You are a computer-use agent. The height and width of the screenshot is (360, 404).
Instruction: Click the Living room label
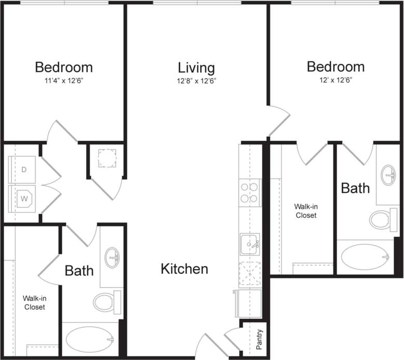coord(196,68)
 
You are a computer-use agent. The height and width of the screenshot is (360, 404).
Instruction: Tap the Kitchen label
coord(184,269)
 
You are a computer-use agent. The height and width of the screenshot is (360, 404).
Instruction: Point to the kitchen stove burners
coord(250,193)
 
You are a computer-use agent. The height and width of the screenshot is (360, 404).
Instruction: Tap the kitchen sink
coord(249,244)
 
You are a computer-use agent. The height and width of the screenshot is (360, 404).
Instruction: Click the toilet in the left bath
coord(106,302)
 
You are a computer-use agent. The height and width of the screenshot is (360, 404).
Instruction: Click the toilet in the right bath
coord(382,220)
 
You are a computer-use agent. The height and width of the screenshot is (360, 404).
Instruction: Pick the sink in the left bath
coord(112,257)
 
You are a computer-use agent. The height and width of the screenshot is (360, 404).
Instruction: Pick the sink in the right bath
coord(388,175)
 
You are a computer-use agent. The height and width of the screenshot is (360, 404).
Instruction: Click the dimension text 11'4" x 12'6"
coord(64,81)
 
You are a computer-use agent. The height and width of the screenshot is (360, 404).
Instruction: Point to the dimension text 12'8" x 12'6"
coord(196,81)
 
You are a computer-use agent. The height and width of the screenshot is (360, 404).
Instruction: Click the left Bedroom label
coord(64,67)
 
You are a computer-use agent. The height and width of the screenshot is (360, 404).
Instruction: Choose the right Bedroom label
coord(335,66)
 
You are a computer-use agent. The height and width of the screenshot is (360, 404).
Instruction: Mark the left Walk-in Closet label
coord(34,302)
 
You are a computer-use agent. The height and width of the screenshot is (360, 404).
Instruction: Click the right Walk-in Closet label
coord(306,210)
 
